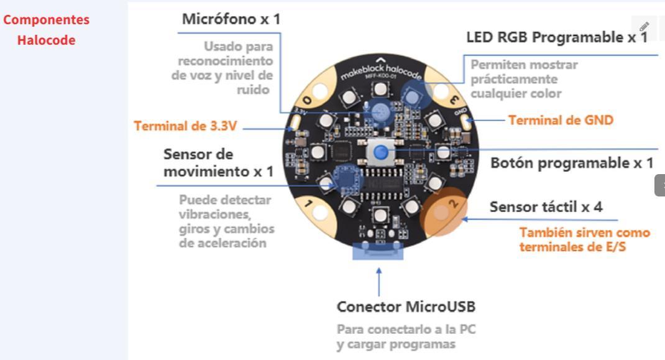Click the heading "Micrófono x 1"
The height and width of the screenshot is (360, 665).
click(231, 19)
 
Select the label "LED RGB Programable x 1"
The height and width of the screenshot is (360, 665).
click(556, 37)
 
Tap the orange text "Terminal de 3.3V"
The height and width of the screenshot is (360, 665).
click(185, 126)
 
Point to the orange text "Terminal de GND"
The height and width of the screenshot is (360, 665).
click(561, 120)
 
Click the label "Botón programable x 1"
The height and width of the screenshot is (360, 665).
click(572, 163)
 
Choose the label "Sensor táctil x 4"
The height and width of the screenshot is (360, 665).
click(546, 206)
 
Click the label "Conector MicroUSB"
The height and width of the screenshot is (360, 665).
click(406, 307)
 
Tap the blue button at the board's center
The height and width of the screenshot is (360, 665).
click(381, 151)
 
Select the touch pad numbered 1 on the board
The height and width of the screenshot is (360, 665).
click(316, 208)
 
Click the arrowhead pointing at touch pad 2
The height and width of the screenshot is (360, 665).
click(464, 219)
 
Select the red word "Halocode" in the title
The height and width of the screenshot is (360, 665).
click(46, 40)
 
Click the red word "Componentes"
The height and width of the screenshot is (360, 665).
click(46, 19)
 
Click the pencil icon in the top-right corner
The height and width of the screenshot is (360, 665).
click(644, 27)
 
